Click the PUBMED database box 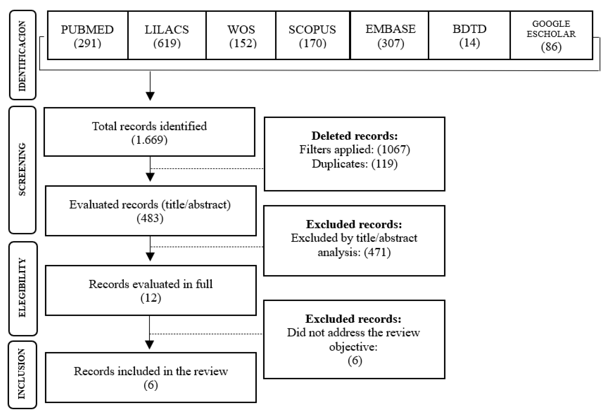point(88,35)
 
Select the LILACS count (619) point(167,43)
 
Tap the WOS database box point(241,35)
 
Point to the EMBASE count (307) point(390,43)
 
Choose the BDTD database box point(469,35)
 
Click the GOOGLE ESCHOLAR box point(551,35)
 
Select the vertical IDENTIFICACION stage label point(22,55)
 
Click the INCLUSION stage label point(22,374)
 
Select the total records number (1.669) point(149,140)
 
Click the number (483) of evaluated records point(150,218)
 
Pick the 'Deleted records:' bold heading point(354,136)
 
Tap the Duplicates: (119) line point(354,164)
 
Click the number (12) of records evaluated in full point(151,298)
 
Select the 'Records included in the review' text point(151,371)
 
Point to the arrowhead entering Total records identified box point(150,96)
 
